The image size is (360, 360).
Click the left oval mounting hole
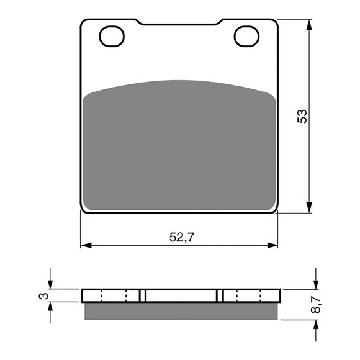coord(112,37)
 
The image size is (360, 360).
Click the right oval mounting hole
coord(246,37)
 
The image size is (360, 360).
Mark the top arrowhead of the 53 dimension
coord(308,24)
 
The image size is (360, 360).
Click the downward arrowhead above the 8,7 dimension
coord(315,285)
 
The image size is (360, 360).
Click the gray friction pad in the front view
coord(180,146)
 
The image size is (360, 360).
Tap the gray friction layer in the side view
coord(180,310)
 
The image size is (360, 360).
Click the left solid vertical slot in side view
coord(142,295)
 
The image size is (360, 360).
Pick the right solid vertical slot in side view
coord(219,295)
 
